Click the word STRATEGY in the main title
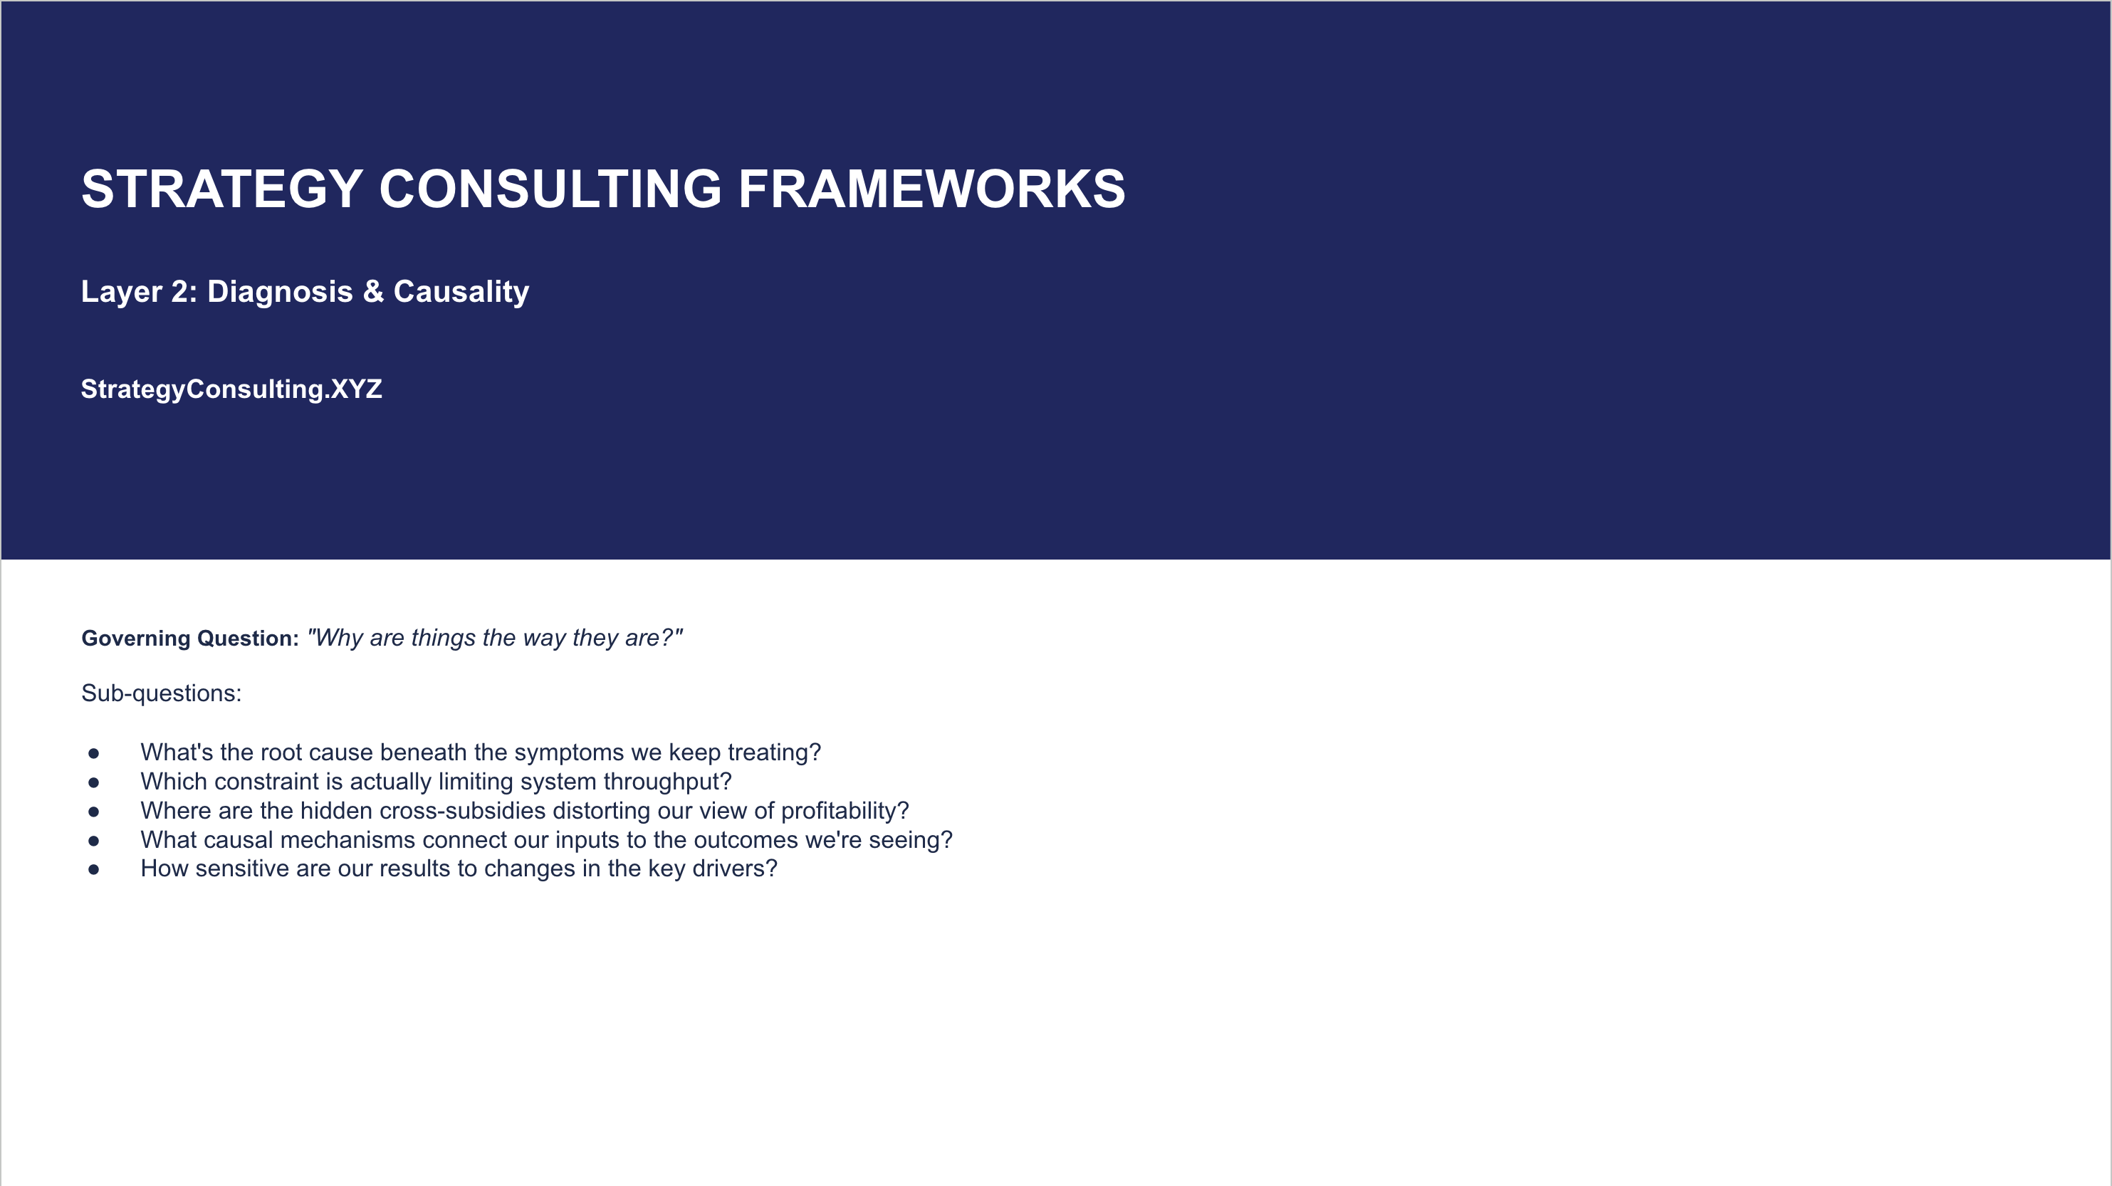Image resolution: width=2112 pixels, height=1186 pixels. (222, 189)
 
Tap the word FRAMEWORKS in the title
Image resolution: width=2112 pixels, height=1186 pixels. (932, 189)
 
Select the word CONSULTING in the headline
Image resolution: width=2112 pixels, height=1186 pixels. (550, 189)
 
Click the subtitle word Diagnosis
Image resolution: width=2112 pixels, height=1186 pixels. (280, 292)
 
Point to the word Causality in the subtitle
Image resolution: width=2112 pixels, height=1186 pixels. (461, 292)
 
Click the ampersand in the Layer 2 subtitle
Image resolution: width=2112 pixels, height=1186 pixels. (373, 292)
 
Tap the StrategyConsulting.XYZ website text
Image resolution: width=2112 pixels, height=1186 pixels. (231, 389)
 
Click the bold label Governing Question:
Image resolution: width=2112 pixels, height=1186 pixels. (190, 639)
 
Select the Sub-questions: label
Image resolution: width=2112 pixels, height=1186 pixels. (162, 693)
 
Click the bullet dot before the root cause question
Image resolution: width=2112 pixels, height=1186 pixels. (93, 753)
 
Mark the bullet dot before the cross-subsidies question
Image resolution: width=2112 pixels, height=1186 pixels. (93, 812)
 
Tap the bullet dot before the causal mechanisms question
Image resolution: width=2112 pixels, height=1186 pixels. (93, 841)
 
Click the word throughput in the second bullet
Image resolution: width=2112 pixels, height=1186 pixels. (667, 782)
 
